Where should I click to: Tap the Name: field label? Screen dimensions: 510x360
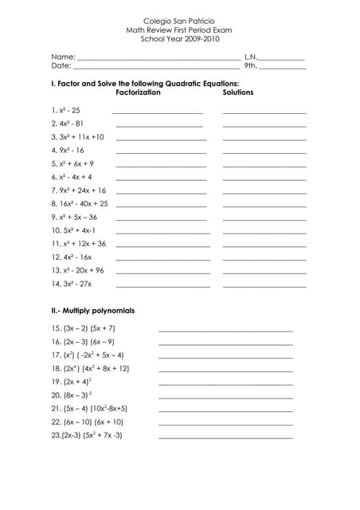pyautogui.click(x=63, y=57)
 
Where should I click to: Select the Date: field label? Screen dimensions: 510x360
pyautogui.click(x=61, y=67)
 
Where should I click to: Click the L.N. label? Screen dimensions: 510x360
pyautogui.click(x=251, y=57)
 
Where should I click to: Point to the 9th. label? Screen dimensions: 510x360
pyautogui.click(x=251, y=67)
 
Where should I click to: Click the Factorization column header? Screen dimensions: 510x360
pyautogui.click(x=138, y=92)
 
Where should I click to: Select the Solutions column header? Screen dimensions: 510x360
pyautogui.click(x=238, y=92)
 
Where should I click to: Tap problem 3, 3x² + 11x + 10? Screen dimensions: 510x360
pyautogui.click(x=77, y=137)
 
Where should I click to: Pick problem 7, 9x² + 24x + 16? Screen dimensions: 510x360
pyautogui.click(x=78, y=190)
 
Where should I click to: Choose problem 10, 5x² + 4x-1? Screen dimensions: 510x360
pyautogui.click(x=73, y=230)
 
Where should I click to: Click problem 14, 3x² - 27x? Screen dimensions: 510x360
pyautogui.click(x=71, y=284)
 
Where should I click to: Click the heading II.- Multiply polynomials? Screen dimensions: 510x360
pyautogui.click(x=92, y=310)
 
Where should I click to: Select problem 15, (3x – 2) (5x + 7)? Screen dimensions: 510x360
pyautogui.click(x=84, y=328)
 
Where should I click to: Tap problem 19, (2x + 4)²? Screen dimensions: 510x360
pyautogui.click(x=72, y=382)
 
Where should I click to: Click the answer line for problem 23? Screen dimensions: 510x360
pyautogui.click(x=225, y=437)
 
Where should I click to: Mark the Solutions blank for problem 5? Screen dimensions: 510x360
pyautogui.click(x=264, y=167)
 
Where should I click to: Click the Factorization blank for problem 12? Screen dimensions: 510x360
pyautogui.click(x=162, y=260)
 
